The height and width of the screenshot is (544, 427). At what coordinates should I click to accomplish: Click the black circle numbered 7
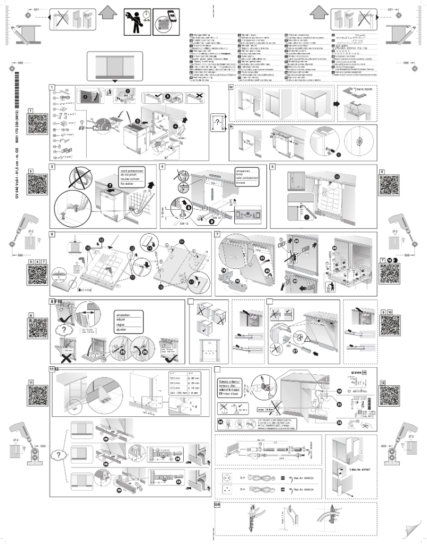(x=110, y=185)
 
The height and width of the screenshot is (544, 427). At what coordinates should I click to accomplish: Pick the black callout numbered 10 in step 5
(x=336, y=176)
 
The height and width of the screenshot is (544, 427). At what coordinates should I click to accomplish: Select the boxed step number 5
(x=273, y=167)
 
